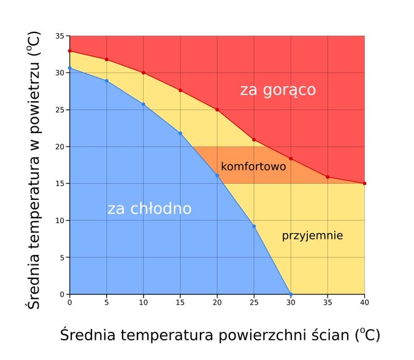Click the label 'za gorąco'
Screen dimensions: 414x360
[x=278, y=91]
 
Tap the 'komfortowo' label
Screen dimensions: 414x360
[x=253, y=167]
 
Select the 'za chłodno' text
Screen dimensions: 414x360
[x=150, y=209]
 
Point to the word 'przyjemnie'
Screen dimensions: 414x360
[x=312, y=236]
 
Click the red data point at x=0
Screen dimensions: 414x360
[x=70, y=51]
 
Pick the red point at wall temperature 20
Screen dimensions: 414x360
[x=217, y=110]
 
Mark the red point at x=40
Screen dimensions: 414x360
[x=364, y=183]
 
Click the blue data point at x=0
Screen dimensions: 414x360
[x=70, y=68]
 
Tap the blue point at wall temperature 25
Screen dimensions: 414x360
[x=254, y=226]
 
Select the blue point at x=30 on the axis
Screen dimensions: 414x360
[x=291, y=294]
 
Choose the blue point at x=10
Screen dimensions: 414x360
[x=144, y=104]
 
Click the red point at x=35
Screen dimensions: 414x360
[x=328, y=177]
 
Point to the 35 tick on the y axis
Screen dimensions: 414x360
[x=60, y=36]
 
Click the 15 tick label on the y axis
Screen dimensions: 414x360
[x=60, y=183]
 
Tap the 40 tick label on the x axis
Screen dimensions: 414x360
[x=364, y=302]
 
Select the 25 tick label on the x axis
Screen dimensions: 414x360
[x=254, y=302]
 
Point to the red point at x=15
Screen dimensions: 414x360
[x=180, y=90]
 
